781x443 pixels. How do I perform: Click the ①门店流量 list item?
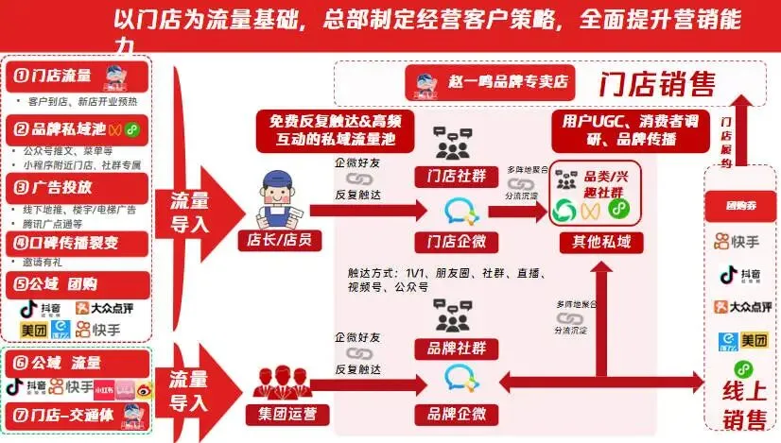point(58,76)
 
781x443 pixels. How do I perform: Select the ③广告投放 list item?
point(57,187)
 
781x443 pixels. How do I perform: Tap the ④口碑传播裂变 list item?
point(66,243)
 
